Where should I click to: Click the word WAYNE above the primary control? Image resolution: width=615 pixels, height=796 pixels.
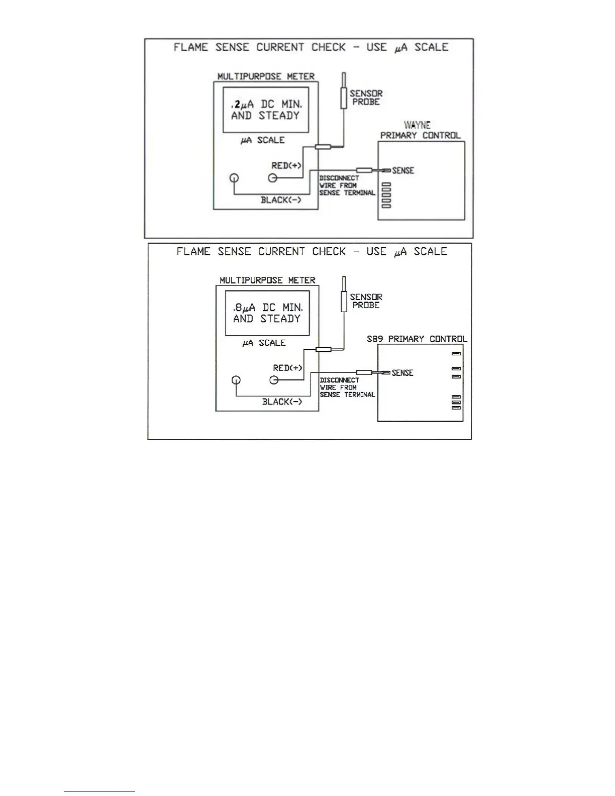click(417, 125)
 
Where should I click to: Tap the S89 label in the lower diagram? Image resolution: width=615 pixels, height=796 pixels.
click(375, 339)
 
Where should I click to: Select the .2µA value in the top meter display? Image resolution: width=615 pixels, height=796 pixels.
click(242, 105)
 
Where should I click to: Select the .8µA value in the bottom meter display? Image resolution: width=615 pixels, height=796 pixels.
click(244, 308)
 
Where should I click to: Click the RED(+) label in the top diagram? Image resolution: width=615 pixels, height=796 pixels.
click(286, 166)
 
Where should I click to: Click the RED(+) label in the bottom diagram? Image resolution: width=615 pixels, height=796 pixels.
click(288, 368)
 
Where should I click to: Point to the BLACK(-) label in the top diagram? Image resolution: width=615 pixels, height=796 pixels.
click(281, 200)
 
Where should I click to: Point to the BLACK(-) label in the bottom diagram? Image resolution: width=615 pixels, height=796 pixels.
click(282, 402)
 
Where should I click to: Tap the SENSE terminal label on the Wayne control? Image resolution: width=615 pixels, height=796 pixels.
click(403, 171)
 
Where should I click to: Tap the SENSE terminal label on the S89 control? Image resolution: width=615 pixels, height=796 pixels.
click(402, 373)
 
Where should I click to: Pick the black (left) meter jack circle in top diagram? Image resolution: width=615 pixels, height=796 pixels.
click(234, 178)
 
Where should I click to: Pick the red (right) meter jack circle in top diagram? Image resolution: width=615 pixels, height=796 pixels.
click(273, 178)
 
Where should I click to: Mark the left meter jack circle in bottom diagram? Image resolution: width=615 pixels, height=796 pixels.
click(236, 380)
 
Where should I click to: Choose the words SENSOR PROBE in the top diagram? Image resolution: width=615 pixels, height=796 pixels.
click(366, 97)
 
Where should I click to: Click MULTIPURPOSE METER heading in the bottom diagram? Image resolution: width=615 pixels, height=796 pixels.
click(267, 280)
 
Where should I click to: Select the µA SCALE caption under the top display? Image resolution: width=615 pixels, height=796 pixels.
click(262, 140)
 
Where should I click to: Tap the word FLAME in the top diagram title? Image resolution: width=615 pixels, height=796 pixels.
click(190, 47)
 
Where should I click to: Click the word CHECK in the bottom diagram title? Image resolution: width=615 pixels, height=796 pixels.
click(329, 251)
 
